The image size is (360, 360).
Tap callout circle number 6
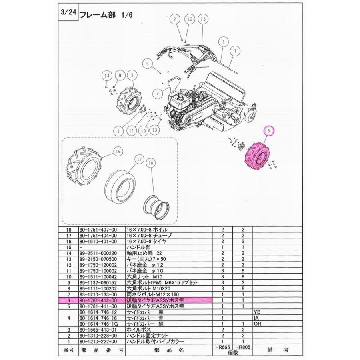(x=269, y=131)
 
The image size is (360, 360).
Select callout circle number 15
(x=203, y=19)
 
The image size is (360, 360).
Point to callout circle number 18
(x=151, y=163)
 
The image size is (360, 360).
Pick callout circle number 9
(x=147, y=64)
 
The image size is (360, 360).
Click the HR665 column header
(x=223, y=348)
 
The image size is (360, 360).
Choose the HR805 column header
(x=242, y=348)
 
